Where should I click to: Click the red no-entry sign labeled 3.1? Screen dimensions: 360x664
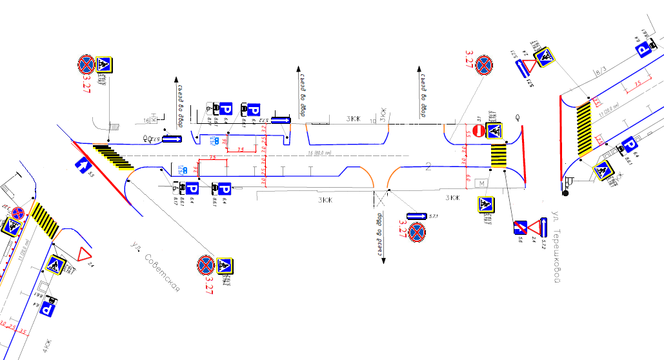[x=478, y=131]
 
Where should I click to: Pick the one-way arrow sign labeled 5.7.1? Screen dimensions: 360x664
[x=417, y=215]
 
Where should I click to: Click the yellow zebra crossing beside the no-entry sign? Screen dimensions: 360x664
[x=498, y=156]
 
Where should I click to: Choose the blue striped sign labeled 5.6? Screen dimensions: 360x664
[x=519, y=227]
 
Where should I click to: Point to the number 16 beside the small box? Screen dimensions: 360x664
[x=147, y=121]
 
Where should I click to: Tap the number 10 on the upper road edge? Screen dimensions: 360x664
[x=372, y=121]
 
